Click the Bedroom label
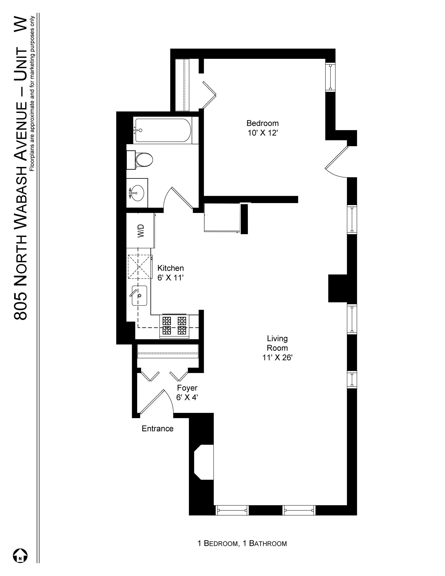pos(262,123)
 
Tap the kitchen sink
pos(139,295)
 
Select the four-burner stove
pos(174,326)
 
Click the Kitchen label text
pos(170,268)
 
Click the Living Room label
pos(277,343)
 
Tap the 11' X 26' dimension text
pos(277,357)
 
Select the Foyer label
pos(187,388)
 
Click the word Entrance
pos(157,429)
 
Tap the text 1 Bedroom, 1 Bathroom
pos(242,543)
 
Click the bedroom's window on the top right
pos(330,77)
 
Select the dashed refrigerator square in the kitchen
pos(140,266)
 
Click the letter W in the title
pos(21,25)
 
